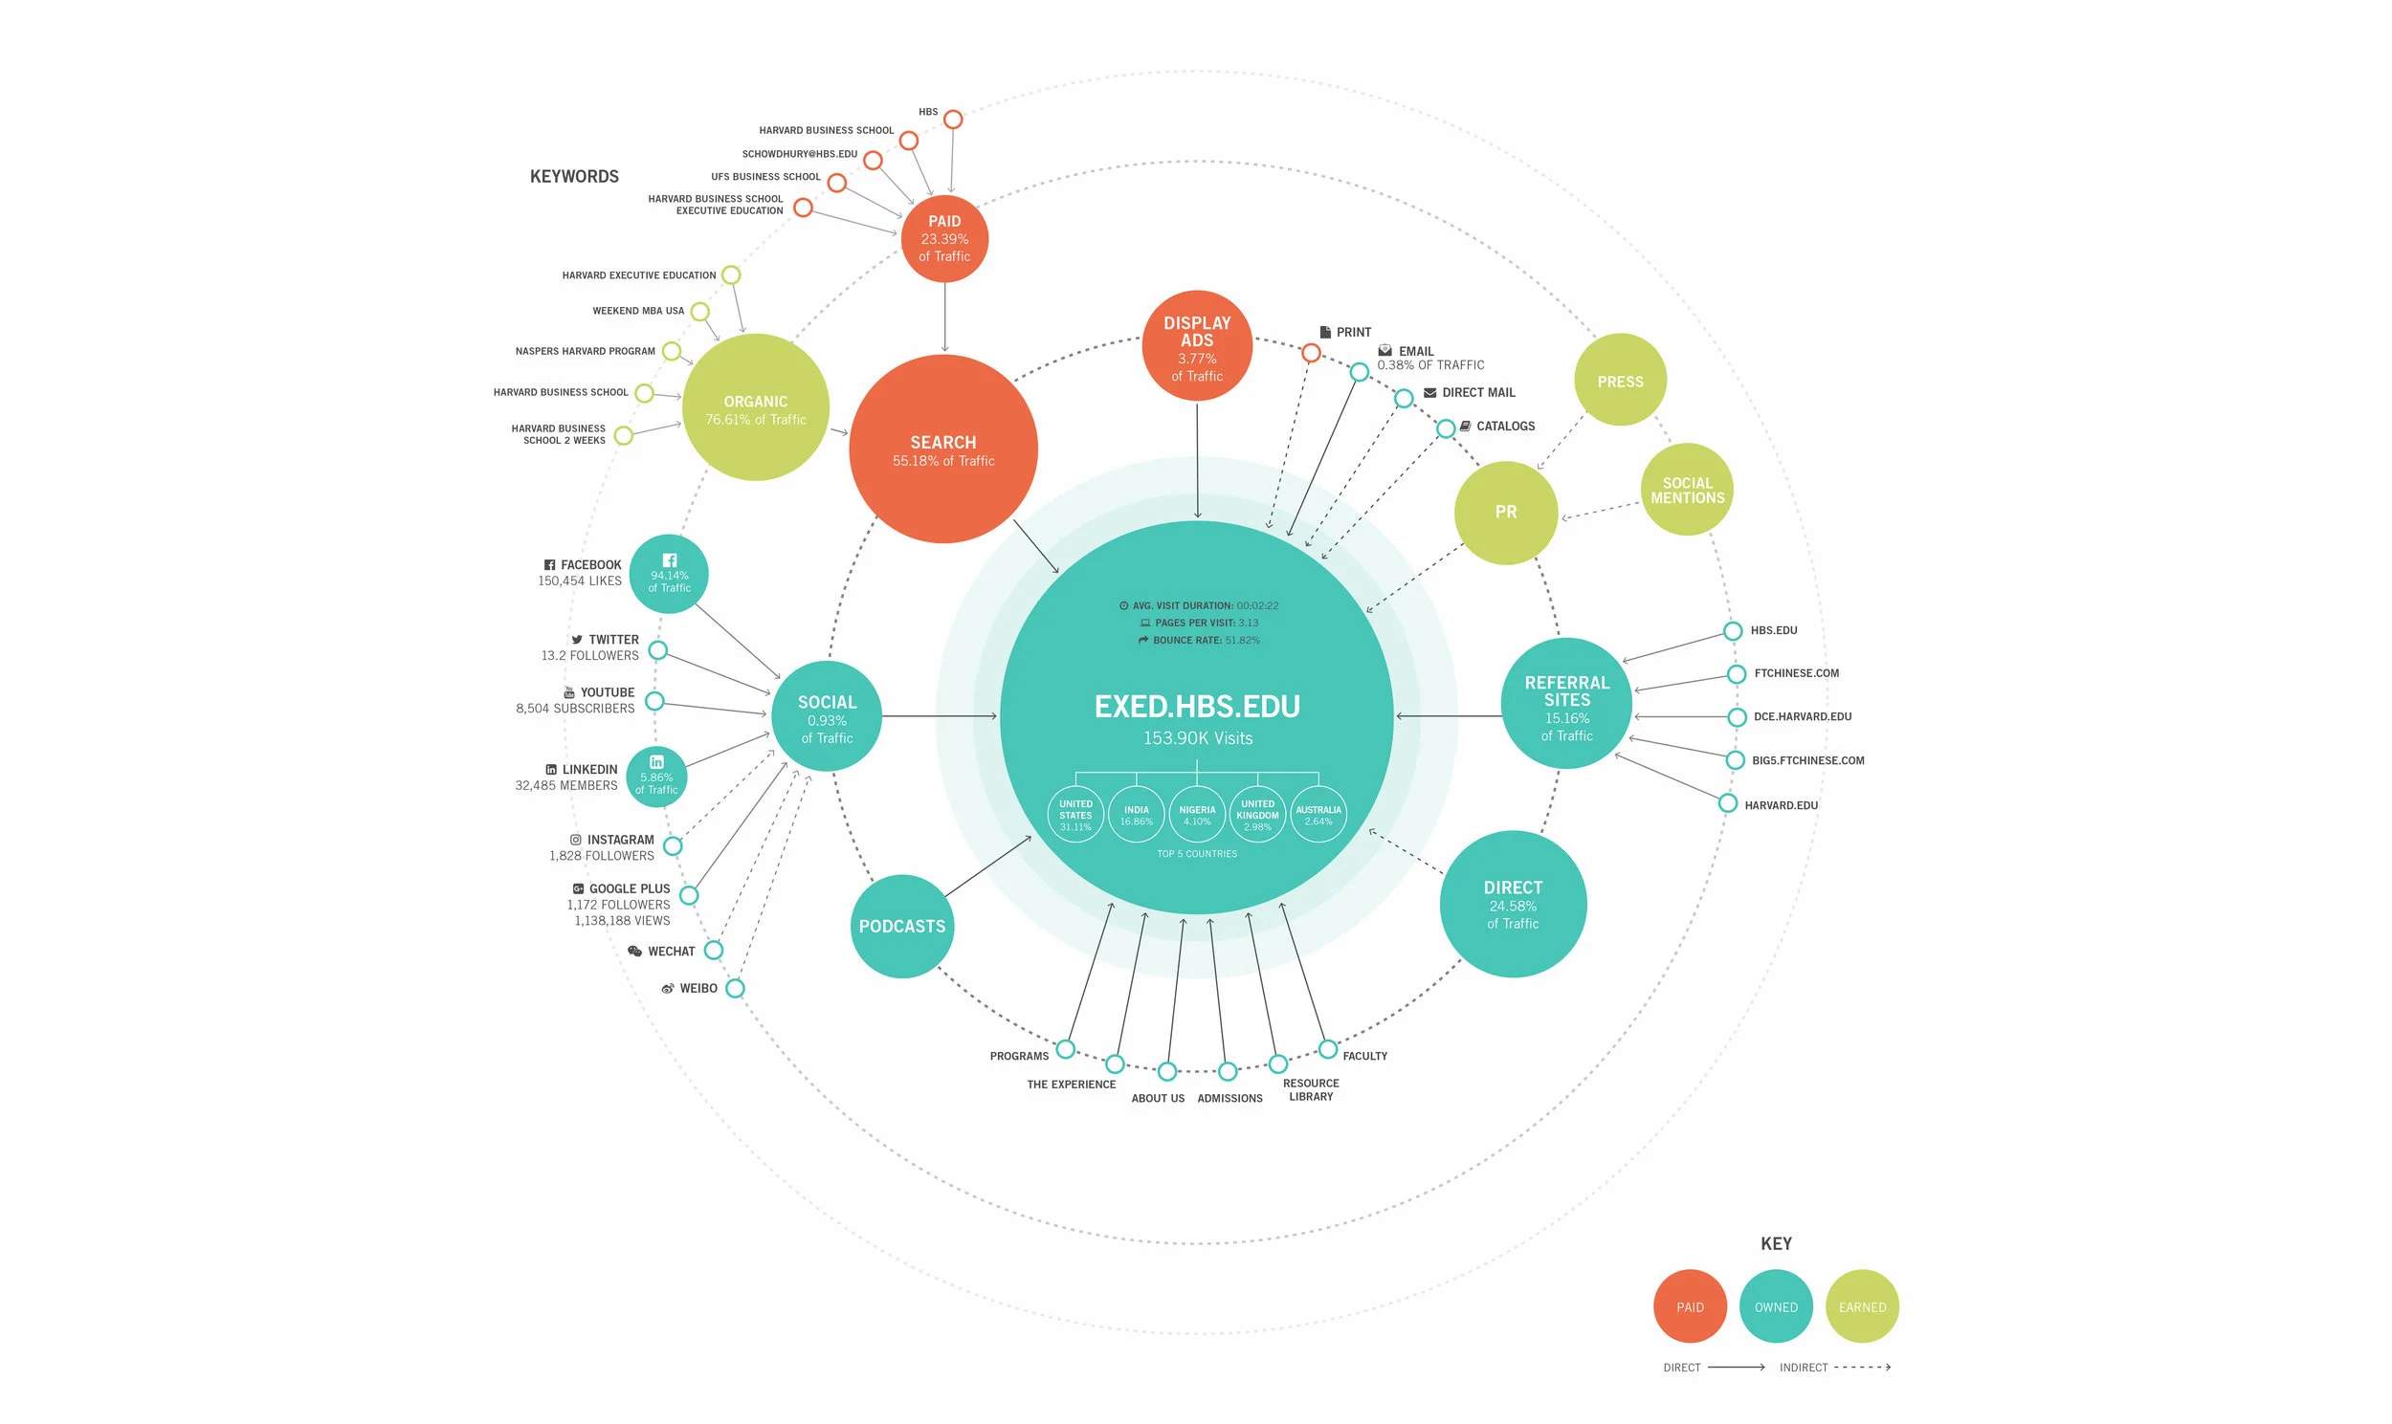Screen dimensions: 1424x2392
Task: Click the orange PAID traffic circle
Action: (944, 239)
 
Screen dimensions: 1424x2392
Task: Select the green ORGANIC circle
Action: (756, 407)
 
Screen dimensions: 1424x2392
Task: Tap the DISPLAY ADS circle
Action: (1197, 346)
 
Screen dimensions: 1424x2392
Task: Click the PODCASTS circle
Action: (901, 926)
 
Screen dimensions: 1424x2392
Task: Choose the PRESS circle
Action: (1620, 380)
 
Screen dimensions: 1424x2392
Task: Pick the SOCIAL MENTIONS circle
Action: (1687, 490)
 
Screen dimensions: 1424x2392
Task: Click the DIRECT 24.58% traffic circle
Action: (1513, 904)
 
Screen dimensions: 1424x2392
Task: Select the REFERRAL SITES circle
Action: (1566, 704)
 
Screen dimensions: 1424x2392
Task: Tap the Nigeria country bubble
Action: (1197, 815)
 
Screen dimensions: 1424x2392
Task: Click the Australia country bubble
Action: (1318, 815)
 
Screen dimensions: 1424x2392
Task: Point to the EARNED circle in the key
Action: (1862, 1306)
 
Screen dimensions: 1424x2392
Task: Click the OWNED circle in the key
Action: (1776, 1306)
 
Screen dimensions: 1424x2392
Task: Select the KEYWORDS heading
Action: (574, 177)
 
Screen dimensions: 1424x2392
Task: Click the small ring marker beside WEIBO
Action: (735, 988)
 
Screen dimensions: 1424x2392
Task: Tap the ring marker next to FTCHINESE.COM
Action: (1737, 673)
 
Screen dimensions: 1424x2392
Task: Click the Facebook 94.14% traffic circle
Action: (669, 574)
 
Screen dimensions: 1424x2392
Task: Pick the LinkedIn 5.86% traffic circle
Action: (656, 777)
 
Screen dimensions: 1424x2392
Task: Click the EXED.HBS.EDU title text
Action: (1197, 706)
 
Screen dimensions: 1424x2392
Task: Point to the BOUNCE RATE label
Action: (1186, 640)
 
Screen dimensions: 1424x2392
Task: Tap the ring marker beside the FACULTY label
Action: (1327, 1049)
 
